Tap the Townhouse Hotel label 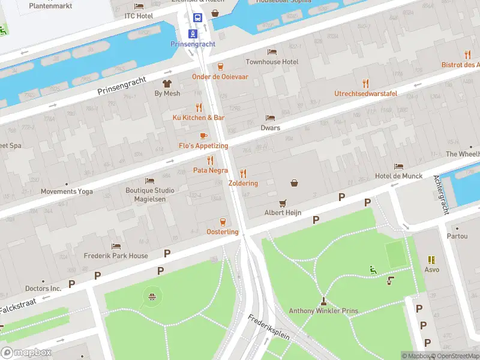point(272,62)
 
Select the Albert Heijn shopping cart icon point(283,203)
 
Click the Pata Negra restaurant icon point(210,160)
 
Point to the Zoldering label point(243,183)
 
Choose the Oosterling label point(223,232)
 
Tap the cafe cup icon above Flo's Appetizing point(203,136)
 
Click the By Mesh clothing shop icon point(167,83)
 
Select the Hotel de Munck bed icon point(399,166)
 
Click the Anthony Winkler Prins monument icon point(323,301)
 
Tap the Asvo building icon point(431,259)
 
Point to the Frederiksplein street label point(269,326)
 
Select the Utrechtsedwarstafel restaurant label point(365,93)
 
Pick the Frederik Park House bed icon point(116,246)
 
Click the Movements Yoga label point(67,191)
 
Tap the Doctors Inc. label point(43,289)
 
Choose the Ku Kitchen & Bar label point(199,118)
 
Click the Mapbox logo point(26,352)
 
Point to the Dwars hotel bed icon point(271,118)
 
